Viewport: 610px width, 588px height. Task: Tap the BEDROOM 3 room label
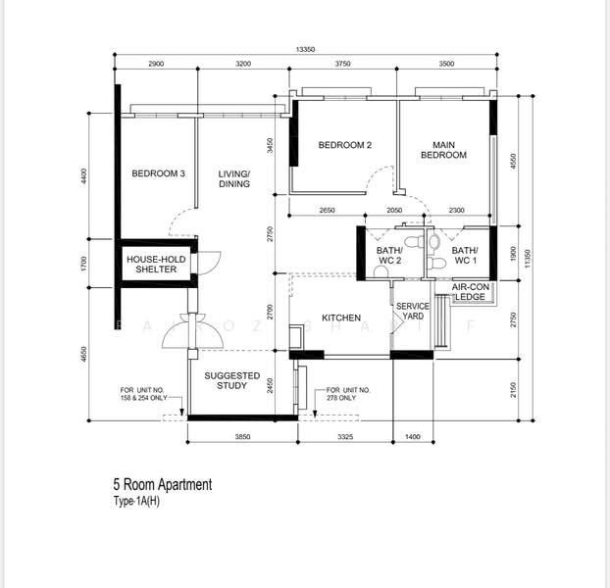pos(158,174)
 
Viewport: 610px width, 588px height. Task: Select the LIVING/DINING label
pos(234,178)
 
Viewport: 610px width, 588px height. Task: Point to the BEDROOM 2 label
pos(344,146)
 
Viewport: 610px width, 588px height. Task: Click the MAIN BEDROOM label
pos(443,150)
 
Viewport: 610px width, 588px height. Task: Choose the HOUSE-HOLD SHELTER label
pos(156,264)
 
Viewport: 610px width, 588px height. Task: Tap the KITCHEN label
pos(341,318)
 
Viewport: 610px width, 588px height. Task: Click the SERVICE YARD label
pos(412,311)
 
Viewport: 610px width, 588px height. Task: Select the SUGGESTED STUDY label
pos(231,380)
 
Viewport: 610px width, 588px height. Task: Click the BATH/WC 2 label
pos(389,257)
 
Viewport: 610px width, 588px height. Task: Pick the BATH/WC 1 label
pos(464,257)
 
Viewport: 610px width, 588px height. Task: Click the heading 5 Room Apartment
pos(162,485)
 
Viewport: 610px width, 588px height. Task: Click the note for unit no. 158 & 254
pos(144,394)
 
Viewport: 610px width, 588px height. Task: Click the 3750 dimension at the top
pos(342,64)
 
